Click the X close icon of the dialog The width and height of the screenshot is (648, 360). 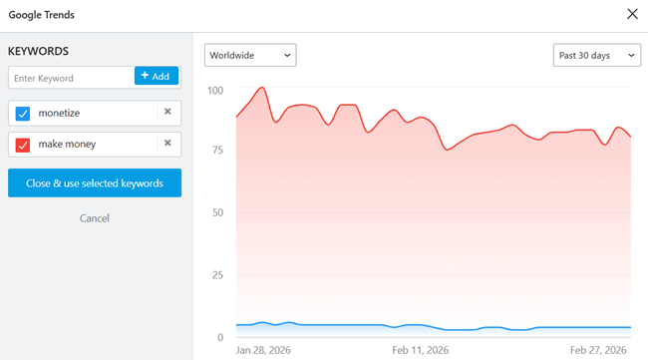(x=631, y=14)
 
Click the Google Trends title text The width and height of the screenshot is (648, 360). (x=42, y=15)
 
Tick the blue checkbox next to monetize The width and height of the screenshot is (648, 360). (x=23, y=113)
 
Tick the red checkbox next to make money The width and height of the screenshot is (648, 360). (x=23, y=145)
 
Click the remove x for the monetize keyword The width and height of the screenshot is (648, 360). (x=167, y=112)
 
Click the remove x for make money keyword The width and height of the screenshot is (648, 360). (x=167, y=144)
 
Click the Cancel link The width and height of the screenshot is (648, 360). (x=94, y=218)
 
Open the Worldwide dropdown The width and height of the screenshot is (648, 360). (x=250, y=55)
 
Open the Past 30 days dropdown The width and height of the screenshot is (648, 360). (x=596, y=55)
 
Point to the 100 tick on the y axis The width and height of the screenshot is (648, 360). (x=215, y=91)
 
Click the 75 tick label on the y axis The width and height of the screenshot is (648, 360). (x=217, y=152)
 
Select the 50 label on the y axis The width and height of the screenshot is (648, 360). (x=217, y=213)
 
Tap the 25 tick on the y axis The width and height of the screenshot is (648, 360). (x=217, y=275)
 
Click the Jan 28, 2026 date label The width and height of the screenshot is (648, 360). (x=264, y=351)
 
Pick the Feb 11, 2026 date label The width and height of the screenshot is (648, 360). (x=420, y=351)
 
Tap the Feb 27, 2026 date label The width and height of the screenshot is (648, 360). (x=598, y=351)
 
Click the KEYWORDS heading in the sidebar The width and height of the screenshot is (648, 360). (x=38, y=51)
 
